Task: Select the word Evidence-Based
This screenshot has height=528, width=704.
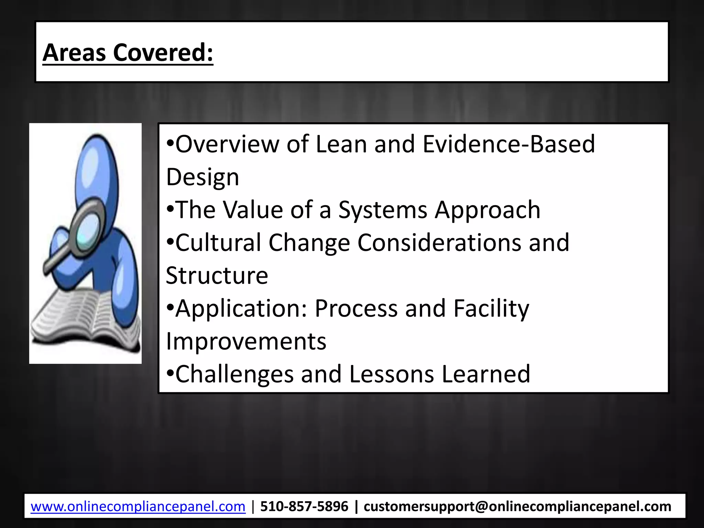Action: click(x=509, y=144)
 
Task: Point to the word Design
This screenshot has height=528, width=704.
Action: click(x=202, y=178)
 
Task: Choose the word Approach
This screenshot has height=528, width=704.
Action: click(x=487, y=210)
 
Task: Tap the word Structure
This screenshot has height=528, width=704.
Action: click(x=217, y=276)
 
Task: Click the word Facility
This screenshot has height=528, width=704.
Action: click(x=491, y=309)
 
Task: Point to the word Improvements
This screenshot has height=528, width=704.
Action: click(x=246, y=342)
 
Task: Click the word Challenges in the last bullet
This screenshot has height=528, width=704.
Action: click(x=235, y=374)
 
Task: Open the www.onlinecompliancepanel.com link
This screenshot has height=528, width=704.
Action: click(x=138, y=507)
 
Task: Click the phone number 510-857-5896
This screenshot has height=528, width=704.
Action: click(x=304, y=507)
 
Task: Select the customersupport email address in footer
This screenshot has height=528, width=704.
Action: click(x=517, y=507)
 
